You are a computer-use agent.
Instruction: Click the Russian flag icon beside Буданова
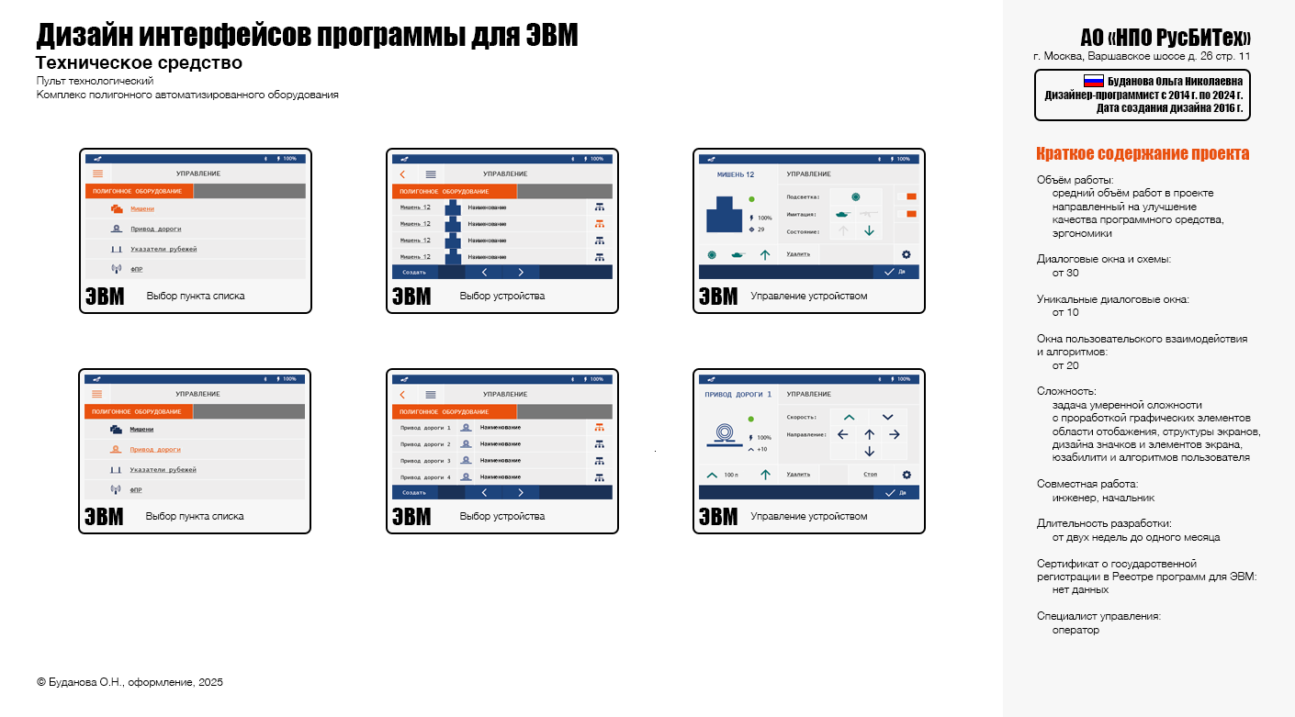click(x=1093, y=81)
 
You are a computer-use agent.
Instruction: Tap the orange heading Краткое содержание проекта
click(x=1143, y=153)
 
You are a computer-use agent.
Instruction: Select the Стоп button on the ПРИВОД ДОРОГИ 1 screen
click(x=870, y=475)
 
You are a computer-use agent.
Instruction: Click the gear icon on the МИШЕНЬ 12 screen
click(x=906, y=254)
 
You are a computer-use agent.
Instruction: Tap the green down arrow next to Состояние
click(x=869, y=230)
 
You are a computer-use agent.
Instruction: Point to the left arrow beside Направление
click(x=843, y=434)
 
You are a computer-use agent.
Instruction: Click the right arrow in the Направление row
click(x=895, y=434)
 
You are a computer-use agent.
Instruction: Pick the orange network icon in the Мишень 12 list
click(x=599, y=224)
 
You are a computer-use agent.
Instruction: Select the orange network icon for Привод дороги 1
click(x=599, y=427)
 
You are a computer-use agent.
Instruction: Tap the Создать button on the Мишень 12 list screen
click(x=414, y=273)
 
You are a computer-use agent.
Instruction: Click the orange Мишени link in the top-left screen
click(x=141, y=208)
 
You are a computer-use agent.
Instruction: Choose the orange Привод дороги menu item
click(x=154, y=450)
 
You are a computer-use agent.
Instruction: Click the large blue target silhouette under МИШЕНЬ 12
click(x=725, y=216)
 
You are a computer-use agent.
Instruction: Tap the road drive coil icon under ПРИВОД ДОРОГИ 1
click(x=725, y=432)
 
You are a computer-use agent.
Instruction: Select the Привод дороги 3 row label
click(x=425, y=461)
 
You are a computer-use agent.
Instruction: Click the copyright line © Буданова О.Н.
click(x=129, y=682)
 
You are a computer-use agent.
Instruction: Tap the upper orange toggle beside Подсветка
click(x=911, y=196)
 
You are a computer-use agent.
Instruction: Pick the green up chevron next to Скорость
click(x=849, y=418)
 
